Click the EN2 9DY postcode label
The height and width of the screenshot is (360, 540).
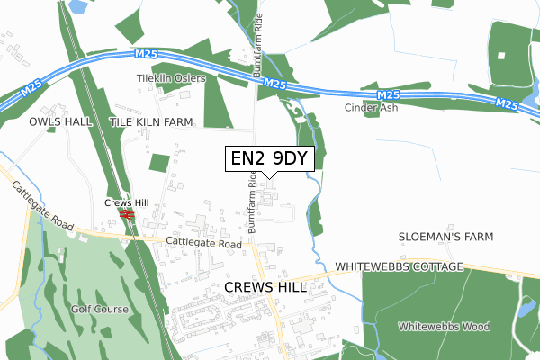(269, 159)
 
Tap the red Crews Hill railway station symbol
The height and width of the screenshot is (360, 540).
(128, 216)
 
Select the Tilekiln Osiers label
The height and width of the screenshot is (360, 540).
(171, 78)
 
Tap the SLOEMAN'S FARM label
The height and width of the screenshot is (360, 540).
(447, 237)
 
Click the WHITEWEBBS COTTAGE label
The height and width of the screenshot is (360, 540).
(399, 268)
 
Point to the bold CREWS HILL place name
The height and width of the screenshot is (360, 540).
(265, 287)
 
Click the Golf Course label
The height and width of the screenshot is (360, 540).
(101, 310)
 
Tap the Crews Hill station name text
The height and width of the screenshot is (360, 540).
(124, 203)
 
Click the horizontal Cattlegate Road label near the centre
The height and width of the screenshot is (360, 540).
(204, 244)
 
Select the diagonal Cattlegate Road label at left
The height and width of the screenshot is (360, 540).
(42, 205)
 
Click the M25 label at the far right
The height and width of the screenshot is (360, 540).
(508, 104)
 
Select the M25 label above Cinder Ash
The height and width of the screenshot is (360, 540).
(388, 94)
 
